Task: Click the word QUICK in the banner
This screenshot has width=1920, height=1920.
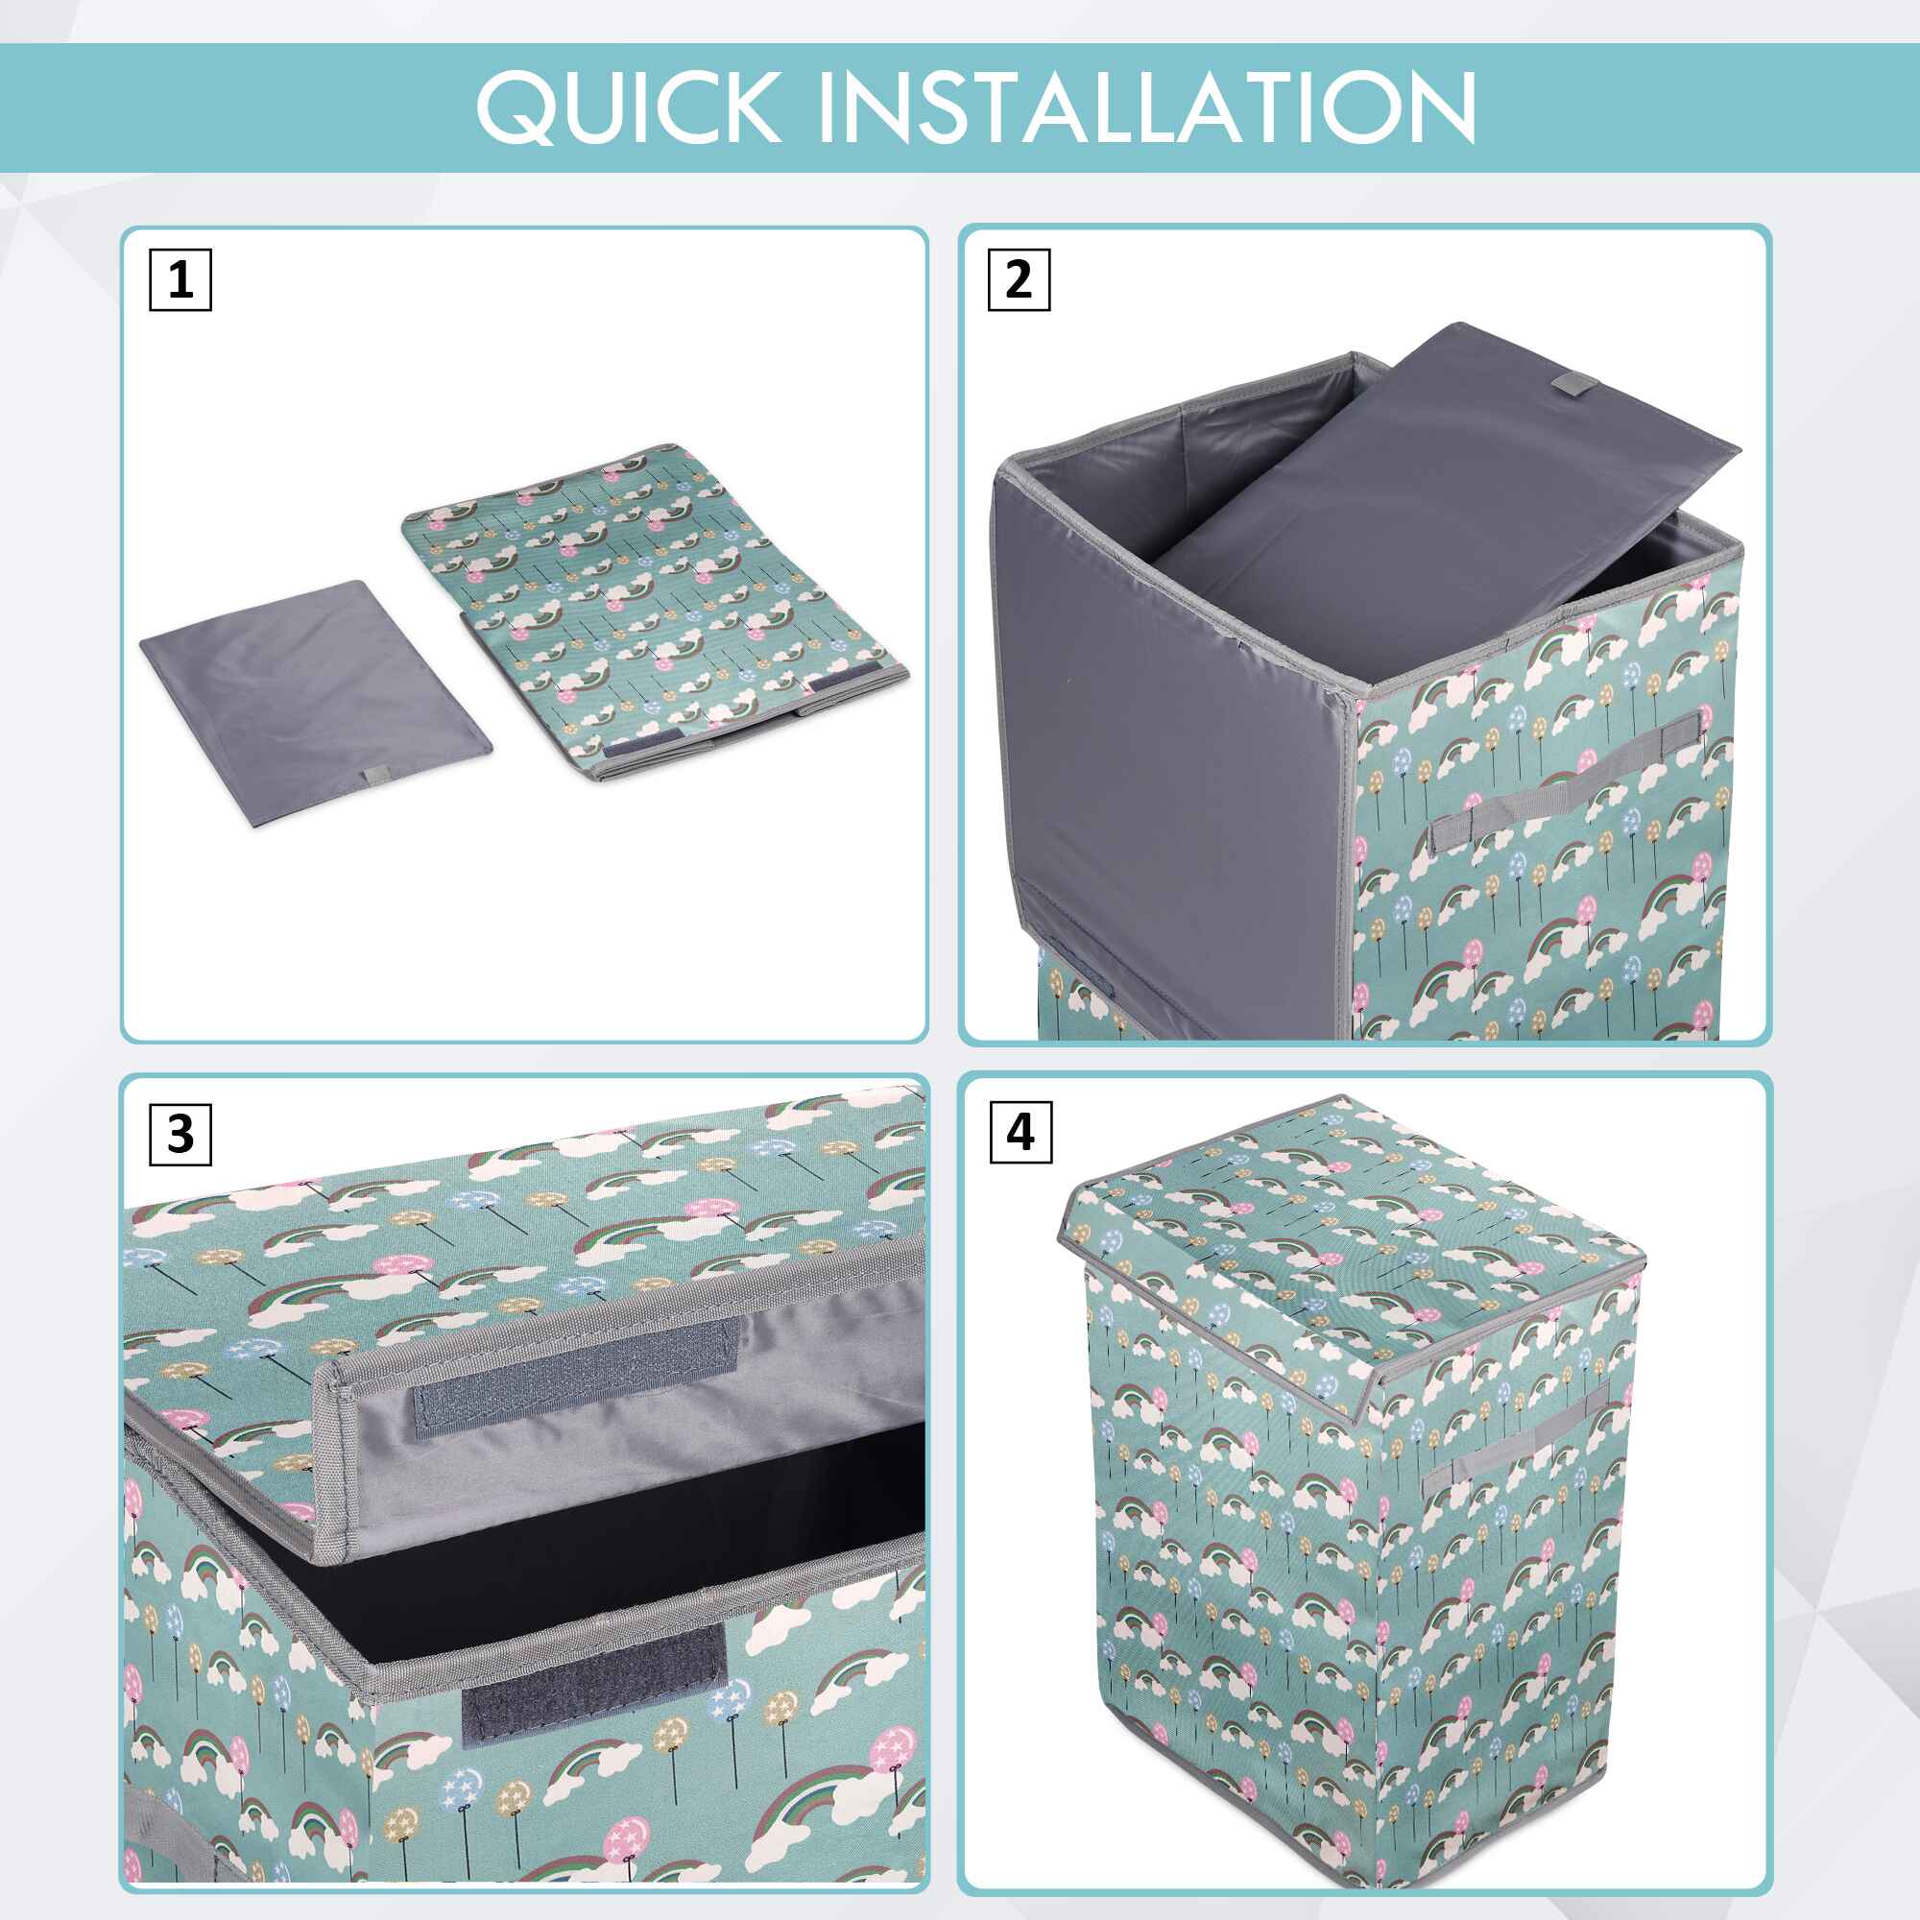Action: [627, 108]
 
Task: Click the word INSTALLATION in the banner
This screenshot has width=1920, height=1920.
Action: [1147, 107]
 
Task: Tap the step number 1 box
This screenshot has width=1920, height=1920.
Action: [180, 280]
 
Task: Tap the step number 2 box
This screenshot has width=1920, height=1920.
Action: [1019, 280]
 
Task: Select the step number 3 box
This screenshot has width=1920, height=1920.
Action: [180, 1133]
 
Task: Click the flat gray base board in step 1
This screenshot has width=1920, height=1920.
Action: [315, 705]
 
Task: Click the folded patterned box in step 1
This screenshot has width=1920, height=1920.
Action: [653, 614]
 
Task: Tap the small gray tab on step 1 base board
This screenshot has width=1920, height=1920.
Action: [376, 776]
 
